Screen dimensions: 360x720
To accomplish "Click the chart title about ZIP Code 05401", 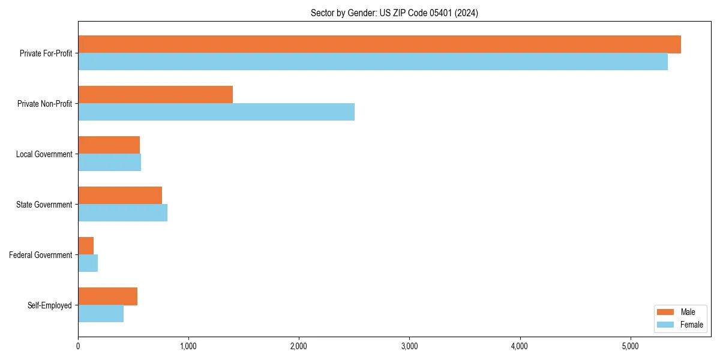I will (394, 13).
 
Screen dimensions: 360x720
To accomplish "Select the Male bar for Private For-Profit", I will (379, 44).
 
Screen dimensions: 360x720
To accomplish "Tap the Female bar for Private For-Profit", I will (373, 62).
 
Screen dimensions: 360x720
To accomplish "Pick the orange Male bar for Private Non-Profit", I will (155, 95).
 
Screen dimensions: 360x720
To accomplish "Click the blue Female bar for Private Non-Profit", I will (216, 112).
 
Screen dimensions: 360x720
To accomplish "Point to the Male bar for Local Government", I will (109, 145).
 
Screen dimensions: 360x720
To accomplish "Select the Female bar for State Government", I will (122, 213).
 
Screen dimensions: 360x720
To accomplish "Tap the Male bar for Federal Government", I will (86, 246).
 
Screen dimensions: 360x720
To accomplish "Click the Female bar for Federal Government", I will (88, 263).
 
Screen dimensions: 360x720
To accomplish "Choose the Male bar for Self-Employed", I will (107, 296).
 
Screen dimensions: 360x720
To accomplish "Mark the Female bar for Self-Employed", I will (101, 314).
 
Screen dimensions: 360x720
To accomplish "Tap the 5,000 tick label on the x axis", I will (630, 346).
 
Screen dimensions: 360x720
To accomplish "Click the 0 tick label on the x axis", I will (78, 346).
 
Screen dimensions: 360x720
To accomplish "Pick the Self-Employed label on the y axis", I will (50, 305).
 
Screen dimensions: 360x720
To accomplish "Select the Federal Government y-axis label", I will (41, 255).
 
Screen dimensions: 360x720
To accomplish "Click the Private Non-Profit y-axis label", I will (44, 104).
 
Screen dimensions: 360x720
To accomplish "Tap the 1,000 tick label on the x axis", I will (188, 346).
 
